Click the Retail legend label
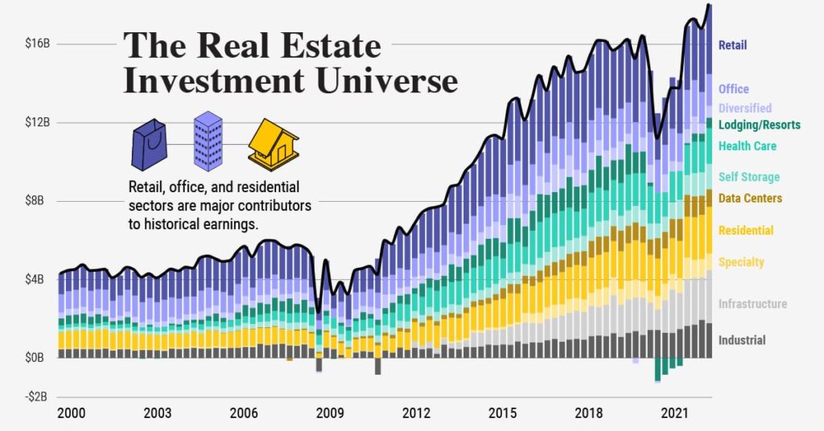click(732, 46)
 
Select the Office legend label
click(733, 89)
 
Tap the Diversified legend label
click(744, 108)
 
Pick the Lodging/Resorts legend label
click(759, 125)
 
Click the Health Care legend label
click(747, 146)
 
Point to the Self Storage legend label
click(748, 177)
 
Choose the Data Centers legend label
click(750, 198)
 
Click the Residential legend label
click(745, 231)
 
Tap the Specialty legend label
click(741, 262)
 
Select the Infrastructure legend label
click(752, 304)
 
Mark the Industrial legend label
click(742, 340)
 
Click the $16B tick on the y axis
click(38, 43)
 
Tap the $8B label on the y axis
click(38, 201)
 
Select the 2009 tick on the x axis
click(330, 413)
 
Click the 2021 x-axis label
click(674, 413)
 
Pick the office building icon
click(208, 141)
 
